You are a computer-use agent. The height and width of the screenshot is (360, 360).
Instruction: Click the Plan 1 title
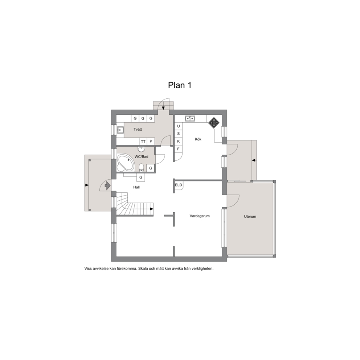(x=180, y=85)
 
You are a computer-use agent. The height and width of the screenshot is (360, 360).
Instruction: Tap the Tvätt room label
(x=138, y=130)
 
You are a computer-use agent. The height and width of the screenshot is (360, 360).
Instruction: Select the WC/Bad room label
(x=142, y=156)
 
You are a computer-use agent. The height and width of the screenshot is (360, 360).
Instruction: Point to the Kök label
(x=198, y=139)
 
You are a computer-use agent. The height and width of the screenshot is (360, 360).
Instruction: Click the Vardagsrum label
(x=200, y=216)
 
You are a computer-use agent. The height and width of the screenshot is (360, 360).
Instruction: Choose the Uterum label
(x=250, y=217)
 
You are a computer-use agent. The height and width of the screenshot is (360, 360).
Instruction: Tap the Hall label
(x=136, y=187)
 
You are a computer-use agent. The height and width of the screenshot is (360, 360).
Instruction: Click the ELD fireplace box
(x=179, y=185)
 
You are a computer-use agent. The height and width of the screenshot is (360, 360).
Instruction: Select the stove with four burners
(x=214, y=123)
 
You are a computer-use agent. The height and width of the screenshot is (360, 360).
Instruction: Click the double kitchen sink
(x=190, y=118)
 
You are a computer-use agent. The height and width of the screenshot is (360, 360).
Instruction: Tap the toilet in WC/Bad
(x=142, y=168)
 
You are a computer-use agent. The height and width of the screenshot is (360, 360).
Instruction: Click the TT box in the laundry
(x=143, y=142)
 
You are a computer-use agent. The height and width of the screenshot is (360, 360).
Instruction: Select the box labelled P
(x=151, y=142)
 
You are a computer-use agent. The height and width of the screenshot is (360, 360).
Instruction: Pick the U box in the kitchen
(x=179, y=126)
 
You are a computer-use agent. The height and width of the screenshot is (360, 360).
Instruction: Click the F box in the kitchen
(x=179, y=149)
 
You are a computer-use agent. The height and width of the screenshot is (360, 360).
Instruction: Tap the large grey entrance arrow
(x=107, y=185)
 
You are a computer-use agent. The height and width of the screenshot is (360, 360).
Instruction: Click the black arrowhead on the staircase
(x=152, y=209)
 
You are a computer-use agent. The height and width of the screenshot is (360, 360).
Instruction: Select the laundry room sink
(x=120, y=130)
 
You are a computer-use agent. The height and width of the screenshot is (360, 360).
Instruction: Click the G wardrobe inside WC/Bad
(x=151, y=168)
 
